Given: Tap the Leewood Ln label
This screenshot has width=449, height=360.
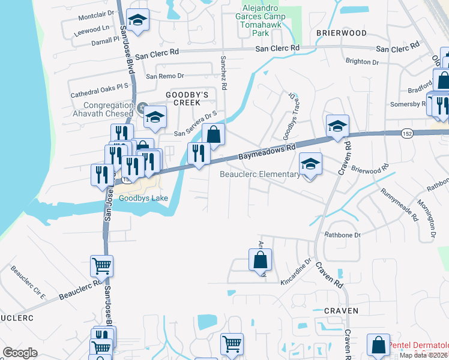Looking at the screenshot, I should [x=92, y=28].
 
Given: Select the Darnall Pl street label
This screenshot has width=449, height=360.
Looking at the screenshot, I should [x=106, y=41].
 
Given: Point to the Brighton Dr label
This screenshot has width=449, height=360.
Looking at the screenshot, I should [x=363, y=62].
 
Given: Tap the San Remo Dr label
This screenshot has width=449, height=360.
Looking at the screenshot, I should [x=165, y=76].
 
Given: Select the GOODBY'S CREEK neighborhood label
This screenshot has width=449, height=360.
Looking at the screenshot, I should [x=186, y=99].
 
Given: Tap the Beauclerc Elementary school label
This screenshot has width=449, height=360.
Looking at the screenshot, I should [x=259, y=175].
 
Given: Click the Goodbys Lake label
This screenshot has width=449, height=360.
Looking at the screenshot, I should [x=143, y=199].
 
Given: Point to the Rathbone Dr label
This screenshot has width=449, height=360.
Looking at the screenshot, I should [x=342, y=235].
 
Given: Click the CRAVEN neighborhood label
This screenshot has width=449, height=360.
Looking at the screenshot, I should [x=341, y=311].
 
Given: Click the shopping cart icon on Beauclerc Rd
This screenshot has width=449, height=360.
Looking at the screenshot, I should [x=101, y=265].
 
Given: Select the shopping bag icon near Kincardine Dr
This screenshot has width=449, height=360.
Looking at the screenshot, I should [x=260, y=260].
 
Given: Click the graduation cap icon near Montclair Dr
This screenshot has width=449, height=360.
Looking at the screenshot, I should [x=138, y=21].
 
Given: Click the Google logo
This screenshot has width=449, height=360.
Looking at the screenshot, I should [x=20, y=353].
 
